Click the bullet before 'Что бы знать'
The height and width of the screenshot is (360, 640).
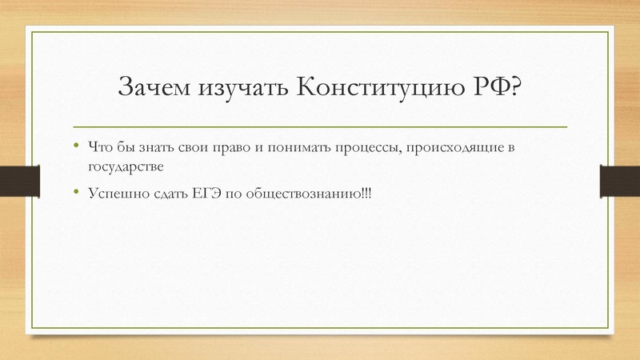tap(76, 146)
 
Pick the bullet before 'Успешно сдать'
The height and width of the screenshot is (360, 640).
tap(76, 192)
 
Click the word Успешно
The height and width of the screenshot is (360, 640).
tap(114, 194)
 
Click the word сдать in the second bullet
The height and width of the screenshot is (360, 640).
tap(162, 194)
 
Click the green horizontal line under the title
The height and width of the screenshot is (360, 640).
tap(320, 127)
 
